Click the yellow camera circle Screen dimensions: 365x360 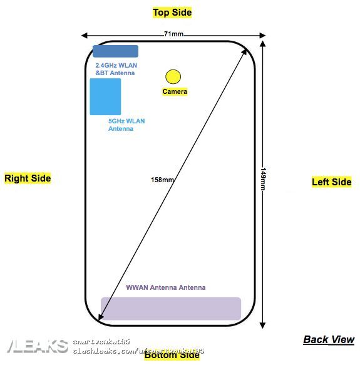click(x=173, y=76)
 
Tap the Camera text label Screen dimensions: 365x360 click(x=175, y=92)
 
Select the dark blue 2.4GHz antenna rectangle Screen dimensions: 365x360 click(x=116, y=51)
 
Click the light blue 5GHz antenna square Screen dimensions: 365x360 click(x=105, y=96)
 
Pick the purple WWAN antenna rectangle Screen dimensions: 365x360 click(x=171, y=309)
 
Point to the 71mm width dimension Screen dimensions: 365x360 click(x=173, y=34)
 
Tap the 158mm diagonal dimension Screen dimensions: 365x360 click(x=163, y=180)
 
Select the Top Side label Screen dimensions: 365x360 click(x=172, y=13)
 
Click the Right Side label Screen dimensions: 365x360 click(x=28, y=178)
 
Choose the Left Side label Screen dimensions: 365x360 click(x=332, y=182)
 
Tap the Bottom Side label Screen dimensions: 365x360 click(x=172, y=356)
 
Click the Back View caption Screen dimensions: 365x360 click(x=329, y=339)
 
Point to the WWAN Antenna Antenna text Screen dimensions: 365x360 click(x=165, y=288)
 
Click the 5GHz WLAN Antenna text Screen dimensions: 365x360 click(x=126, y=125)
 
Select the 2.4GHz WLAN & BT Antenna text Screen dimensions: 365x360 click(x=116, y=69)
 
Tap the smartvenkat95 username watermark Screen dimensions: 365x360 click(x=101, y=342)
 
